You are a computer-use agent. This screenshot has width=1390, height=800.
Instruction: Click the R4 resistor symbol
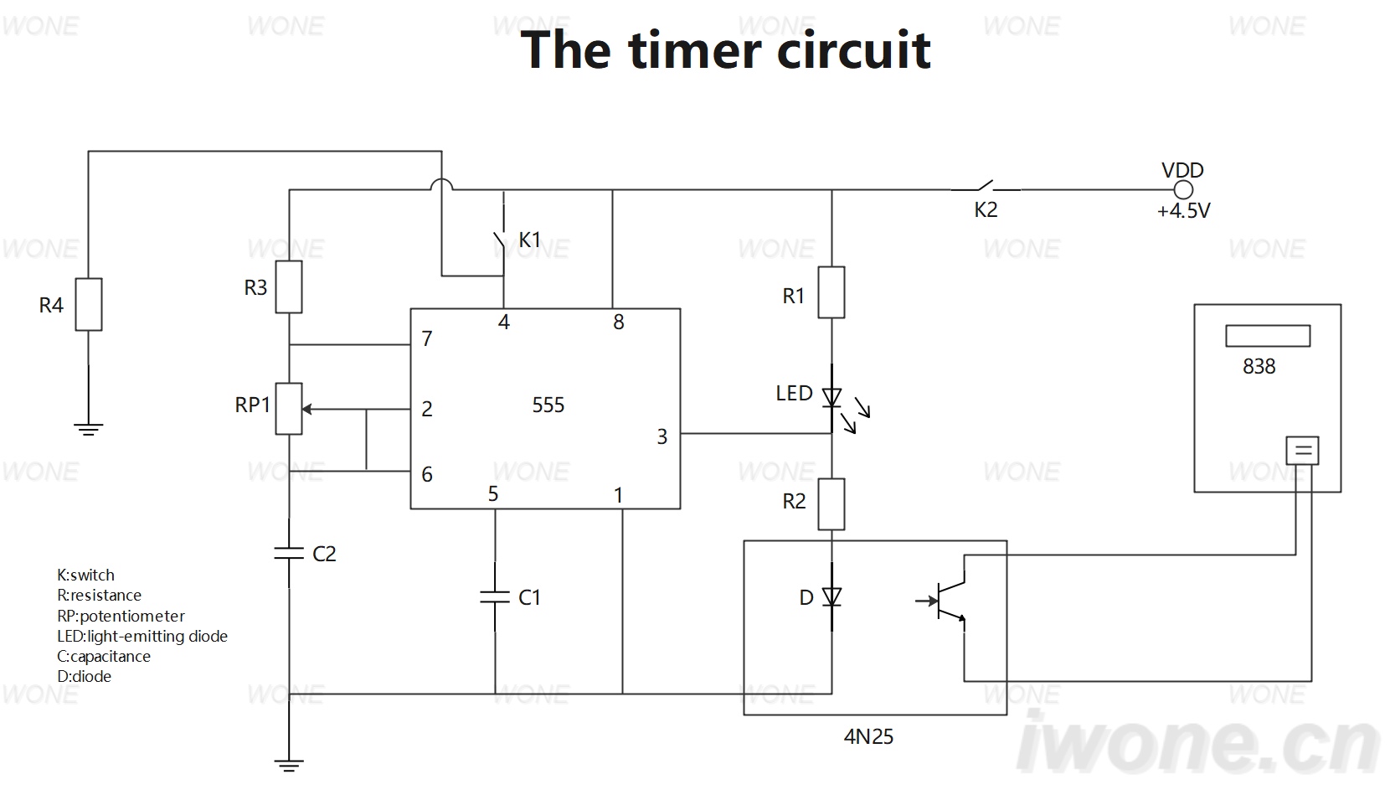[89, 304]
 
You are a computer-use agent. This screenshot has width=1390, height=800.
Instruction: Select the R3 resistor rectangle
[289, 286]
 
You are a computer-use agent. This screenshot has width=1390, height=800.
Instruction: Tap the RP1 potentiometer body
[289, 409]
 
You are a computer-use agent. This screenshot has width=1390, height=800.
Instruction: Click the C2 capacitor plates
[289, 553]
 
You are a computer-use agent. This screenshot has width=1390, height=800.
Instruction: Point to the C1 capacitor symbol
[495, 597]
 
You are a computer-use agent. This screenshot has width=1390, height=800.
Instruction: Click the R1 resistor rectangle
[831, 292]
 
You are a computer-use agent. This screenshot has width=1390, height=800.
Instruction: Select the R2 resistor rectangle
[831, 504]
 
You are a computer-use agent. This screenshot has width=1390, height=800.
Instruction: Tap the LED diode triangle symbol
[831, 397]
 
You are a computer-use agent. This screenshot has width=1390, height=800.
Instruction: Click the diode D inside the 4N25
[831, 597]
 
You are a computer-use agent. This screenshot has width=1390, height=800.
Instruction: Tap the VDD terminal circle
[1183, 190]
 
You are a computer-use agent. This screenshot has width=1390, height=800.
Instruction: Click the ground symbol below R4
[89, 430]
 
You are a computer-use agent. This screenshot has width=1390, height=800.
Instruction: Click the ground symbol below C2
[289, 766]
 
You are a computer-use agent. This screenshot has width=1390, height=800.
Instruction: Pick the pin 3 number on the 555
[662, 437]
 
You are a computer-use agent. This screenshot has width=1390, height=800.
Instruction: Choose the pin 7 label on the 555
[427, 339]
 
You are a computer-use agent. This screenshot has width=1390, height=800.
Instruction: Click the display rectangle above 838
[1268, 336]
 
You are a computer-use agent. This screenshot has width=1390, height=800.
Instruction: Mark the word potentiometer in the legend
[132, 616]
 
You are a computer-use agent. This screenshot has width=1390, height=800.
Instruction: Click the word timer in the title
[695, 49]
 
